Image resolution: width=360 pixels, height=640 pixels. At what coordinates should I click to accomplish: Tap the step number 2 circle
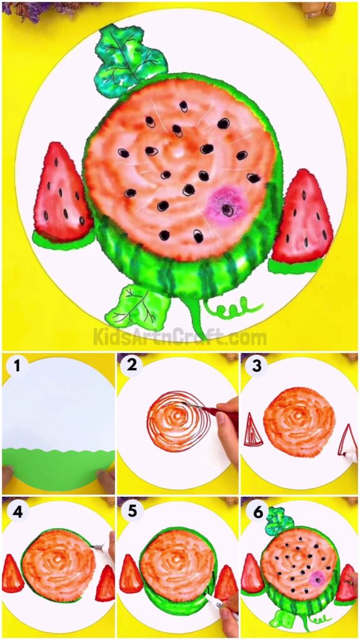(132, 367)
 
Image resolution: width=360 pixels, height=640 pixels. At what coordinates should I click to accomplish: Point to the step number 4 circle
(17, 511)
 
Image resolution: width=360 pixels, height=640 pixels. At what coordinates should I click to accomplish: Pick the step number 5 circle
(132, 511)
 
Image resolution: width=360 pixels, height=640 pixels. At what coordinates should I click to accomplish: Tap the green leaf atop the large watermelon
(130, 59)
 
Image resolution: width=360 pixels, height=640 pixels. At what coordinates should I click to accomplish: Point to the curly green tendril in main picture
(238, 307)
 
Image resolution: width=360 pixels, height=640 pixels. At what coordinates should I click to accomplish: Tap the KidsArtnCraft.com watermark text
(180, 338)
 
